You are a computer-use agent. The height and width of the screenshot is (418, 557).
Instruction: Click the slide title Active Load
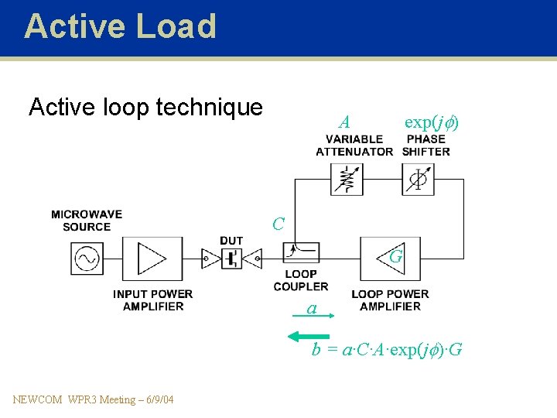coord(120,26)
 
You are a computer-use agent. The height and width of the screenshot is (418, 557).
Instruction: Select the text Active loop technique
coord(145,107)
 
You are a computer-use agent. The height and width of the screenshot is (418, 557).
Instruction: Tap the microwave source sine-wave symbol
coord(87,258)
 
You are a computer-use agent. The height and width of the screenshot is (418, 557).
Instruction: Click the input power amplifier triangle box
coord(152,258)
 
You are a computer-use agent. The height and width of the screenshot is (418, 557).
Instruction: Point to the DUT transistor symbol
coord(231,258)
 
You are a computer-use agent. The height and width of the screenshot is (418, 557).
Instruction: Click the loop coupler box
coord(300,252)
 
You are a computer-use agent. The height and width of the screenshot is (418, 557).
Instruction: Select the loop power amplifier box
coord(391,258)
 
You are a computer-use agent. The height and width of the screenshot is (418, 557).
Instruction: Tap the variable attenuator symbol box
coord(345,179)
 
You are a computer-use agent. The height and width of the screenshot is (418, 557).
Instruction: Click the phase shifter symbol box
coord(419,179)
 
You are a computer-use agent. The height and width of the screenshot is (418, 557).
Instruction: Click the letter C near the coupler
coord(278,224)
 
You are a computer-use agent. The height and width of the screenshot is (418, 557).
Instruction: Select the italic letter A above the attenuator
coord(344,122)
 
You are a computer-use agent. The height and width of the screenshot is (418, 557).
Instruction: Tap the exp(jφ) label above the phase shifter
coord(432,122)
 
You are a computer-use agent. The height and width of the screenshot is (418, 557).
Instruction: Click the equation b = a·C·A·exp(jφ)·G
coord(387,350)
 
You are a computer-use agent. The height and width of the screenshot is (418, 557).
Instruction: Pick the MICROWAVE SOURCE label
coord(87,221)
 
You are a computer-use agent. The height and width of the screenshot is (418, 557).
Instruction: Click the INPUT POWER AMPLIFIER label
coord(152,300)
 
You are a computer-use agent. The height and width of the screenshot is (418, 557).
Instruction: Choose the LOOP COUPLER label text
coord(301,279)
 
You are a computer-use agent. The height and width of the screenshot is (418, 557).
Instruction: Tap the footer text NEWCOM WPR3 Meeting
coord(94,399)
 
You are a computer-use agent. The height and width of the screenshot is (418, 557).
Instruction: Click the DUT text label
coord(231,241)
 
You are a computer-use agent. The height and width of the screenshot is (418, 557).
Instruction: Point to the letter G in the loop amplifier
coord(395,255)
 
